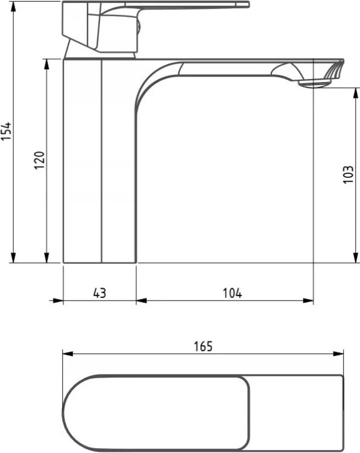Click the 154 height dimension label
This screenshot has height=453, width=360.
[6, 131]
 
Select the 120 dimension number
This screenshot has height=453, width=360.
[40, 160]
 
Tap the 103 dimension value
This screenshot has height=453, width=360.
[348, 174]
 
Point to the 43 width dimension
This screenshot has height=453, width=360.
[99, 293]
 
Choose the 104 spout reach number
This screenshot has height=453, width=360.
[232, 293]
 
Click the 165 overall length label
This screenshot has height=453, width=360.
[203, 346]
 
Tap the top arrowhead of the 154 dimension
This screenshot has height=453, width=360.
[13, 7]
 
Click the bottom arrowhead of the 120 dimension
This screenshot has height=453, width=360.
[46, 258]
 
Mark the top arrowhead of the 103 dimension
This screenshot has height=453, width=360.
[356, 93]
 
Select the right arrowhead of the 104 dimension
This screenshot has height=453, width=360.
[308, 301]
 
